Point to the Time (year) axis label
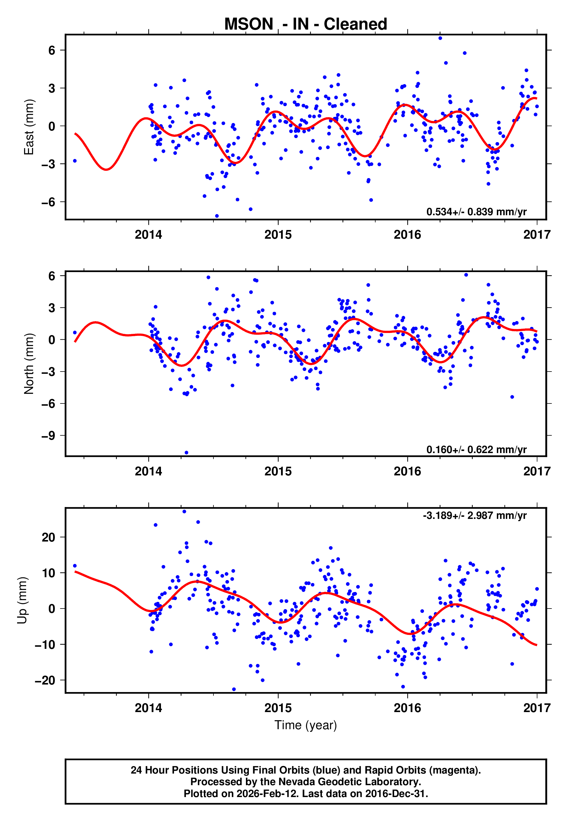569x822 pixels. click(306, 725)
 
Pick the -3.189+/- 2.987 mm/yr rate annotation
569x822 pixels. click(474, 515)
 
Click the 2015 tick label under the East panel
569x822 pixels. click(278, 235)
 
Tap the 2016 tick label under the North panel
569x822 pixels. click(407, 471)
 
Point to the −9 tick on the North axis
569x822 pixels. click(49, 436)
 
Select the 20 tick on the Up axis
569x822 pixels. click(48, 537)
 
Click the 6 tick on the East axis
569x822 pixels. click(52, 50)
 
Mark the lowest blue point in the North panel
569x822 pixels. click(186, 453)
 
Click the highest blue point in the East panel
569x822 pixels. click(440, 38)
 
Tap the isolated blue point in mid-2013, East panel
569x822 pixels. click(75, 161)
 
